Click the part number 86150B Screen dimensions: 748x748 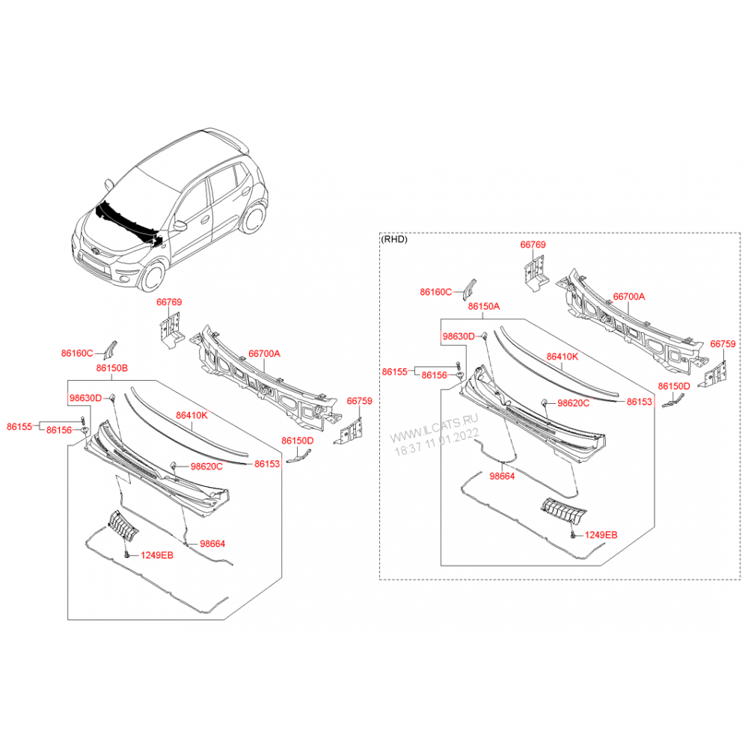tap(111, 368)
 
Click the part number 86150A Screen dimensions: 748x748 tap(484, 306)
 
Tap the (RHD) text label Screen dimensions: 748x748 tap(394, 239)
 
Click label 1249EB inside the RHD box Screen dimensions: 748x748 tap(601, 536)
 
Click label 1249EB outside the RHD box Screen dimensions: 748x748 tap(157, 555)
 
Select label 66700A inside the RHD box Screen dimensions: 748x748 tap(629, 296)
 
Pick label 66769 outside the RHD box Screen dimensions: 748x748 tap(169, 302)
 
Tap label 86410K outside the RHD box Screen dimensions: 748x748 tap(191, 415)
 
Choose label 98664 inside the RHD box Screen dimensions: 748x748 tap(502, 476)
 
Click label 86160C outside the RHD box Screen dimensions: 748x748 tap(77, 353)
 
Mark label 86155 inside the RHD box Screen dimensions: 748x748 tap(394, 372)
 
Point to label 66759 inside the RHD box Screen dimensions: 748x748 tap(723, 343)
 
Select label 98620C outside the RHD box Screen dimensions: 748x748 tap(206, 466)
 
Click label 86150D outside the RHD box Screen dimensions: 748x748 tap(297, 441)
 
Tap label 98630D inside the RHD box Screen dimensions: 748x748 tap(459, 337)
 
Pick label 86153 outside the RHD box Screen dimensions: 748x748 tap(267, 464)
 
